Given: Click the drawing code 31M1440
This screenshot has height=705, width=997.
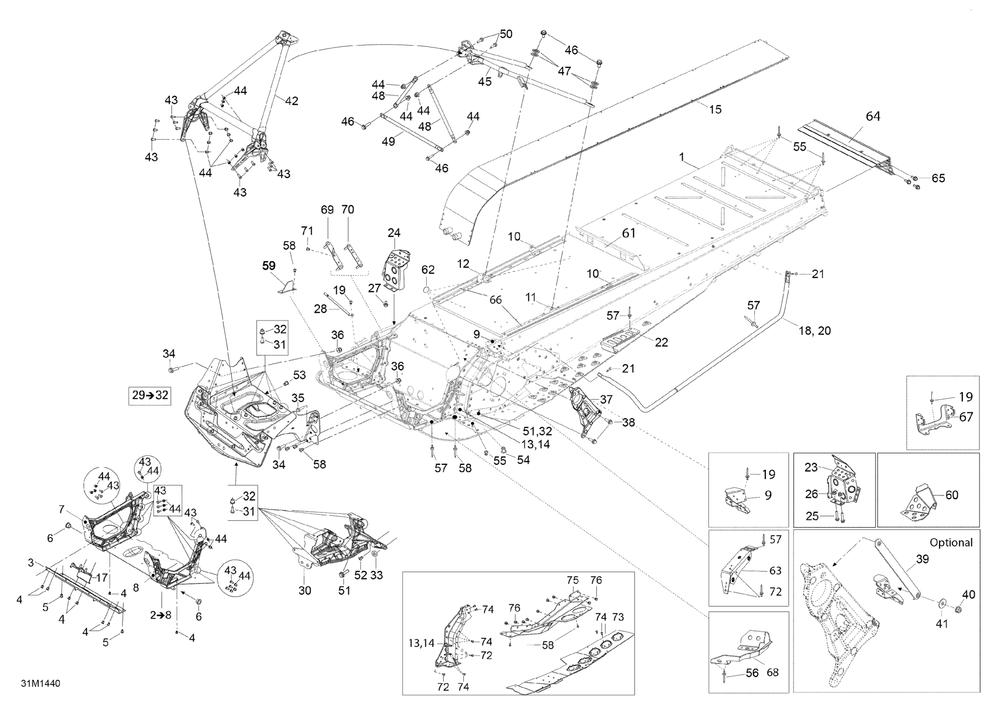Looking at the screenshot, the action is click(41, 683).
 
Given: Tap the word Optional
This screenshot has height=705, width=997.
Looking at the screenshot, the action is click(951, 542).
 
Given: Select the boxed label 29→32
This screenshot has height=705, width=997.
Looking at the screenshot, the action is click(150, 395).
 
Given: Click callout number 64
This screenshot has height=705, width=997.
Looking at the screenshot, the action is click(873, 117).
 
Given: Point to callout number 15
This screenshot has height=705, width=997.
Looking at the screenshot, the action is click(715, 109).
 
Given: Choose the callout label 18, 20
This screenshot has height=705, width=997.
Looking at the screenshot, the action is click(814, 331).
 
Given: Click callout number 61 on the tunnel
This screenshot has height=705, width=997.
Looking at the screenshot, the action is click(629, 233).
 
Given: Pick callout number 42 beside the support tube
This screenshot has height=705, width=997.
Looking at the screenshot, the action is click(291, 101).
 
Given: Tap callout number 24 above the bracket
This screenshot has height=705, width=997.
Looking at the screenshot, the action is click(394, 233).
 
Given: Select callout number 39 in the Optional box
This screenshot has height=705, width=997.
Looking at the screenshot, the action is click(922, 559).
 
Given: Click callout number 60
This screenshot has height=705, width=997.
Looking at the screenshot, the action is click(951, 495).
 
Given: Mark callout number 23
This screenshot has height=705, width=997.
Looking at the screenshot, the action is click(811, 467).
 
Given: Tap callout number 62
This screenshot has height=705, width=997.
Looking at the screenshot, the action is click(428, 270).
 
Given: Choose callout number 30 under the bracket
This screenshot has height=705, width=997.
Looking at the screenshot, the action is click(305, 591).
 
